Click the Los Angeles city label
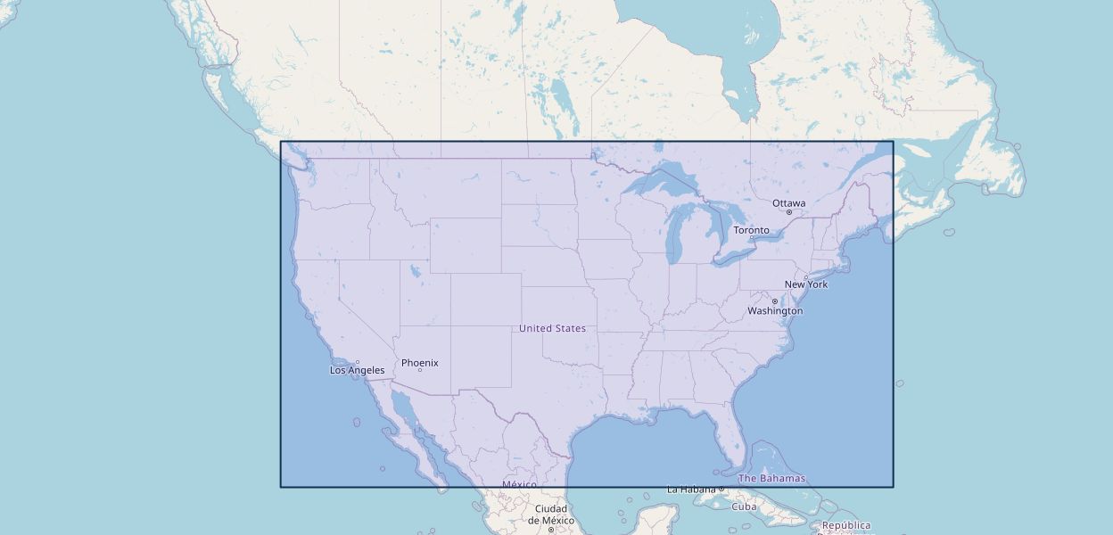point(358,370)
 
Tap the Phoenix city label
point(419,363)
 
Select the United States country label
point(552,328)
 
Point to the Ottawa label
point(788,203)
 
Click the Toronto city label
point(751,230)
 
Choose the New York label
point(806,284)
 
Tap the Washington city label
point(775,311)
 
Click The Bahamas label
point(771,478)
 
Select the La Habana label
point(691,489)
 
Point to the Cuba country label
point(744,506)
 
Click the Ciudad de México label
point(550,514)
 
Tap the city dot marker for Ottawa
point(789,212)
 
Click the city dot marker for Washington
point(774,301)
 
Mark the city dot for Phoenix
point(419,370)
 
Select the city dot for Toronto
point(752,237)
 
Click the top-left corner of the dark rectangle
point(281,142)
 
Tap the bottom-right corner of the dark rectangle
point(893,486)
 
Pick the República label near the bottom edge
point(845,525)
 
